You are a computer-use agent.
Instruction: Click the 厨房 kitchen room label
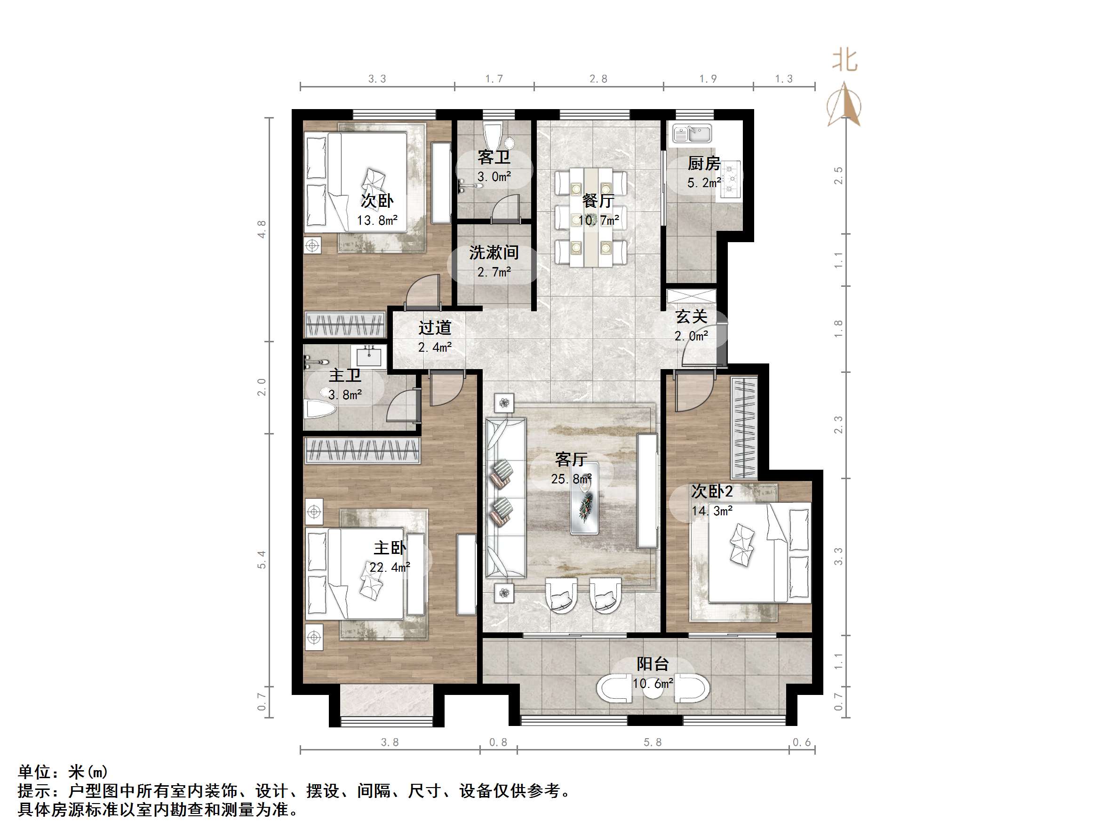tap(704, 163)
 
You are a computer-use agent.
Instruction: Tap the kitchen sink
tap(692, 134)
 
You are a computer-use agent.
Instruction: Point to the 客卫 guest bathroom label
tap(494, 157)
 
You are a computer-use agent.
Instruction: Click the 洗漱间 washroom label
tap(494, 252)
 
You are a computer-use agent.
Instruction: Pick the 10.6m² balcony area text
tap(653, 684)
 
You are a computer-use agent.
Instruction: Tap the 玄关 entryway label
tap(691, 316)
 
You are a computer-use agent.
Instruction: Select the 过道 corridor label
tap(435, 328)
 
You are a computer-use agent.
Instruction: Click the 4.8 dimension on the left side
tap(262, 229)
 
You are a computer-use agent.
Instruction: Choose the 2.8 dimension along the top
tap(598, 79)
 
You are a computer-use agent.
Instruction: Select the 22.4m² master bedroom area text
tap(389, 568)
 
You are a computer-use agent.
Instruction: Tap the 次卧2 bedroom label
tap(711, 491)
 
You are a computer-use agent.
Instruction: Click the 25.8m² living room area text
tap(571, 479)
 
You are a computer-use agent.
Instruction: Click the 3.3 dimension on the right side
tap(838, 556)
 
